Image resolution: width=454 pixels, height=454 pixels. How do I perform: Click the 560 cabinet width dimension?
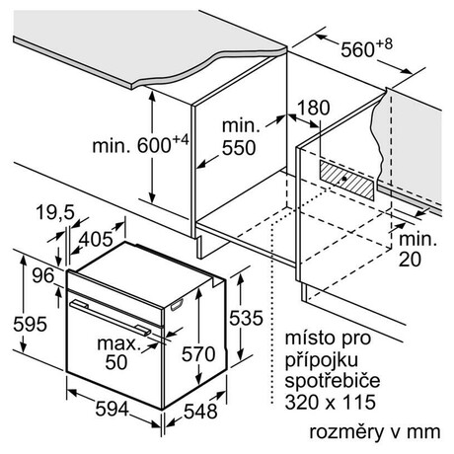point(357,50)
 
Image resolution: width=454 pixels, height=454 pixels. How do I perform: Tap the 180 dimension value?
point(313,108)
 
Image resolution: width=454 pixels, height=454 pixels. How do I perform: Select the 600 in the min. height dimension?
point(154,145)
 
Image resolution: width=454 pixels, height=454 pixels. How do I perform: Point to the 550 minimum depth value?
point(239,148)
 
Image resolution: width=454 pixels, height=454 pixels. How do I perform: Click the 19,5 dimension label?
point(55,212)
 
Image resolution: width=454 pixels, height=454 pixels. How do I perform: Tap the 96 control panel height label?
point(43,275)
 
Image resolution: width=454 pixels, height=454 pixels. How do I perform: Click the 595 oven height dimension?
point(30,324)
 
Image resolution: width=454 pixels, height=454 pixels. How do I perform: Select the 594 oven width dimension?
point(112,409)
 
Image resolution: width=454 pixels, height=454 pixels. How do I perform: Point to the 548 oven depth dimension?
point(200,412)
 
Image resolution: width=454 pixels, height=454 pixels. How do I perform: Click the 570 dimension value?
point(198,354)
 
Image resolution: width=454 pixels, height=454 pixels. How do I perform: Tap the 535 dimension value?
point(246,318)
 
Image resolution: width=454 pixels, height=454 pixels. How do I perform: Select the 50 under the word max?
point(116,362)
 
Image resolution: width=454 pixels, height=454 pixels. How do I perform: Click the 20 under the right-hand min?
point(410,260)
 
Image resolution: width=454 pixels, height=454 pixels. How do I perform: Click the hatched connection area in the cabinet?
point(346,181)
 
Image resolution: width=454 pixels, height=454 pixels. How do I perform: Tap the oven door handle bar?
point(111,318)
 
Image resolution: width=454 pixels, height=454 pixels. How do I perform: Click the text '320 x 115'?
point(330,402)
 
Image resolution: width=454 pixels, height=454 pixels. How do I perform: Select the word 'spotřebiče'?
point(333,381)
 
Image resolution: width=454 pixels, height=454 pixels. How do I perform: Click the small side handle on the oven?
point(177,305)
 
